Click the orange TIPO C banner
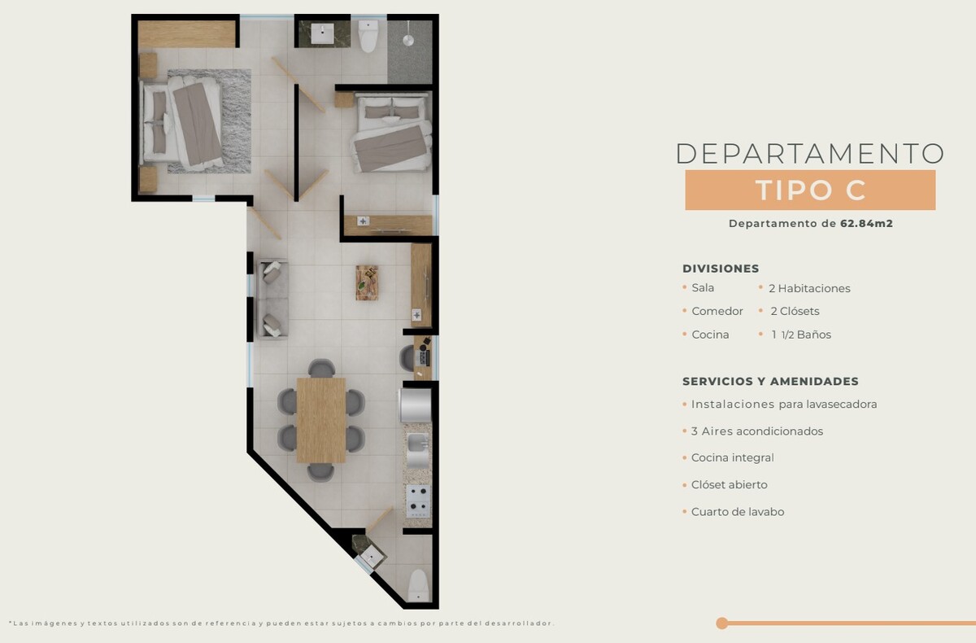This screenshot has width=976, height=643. coord(810,190)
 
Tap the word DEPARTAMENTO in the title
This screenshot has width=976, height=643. coord(810,154)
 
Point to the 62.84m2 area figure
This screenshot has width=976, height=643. coord(866,224)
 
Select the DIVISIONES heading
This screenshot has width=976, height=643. coord(721,269)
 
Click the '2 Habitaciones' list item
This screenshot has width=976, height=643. coord(809,289)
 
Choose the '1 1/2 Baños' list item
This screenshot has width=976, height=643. coord(801,335)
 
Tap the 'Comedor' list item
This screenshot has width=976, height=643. coord(717,311)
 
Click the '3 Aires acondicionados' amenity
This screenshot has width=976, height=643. coord(757,431)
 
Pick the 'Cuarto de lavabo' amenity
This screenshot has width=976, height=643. coord(738,512)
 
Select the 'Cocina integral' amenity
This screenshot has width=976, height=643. coord(733,457)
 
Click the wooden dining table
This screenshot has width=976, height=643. coord(321,420)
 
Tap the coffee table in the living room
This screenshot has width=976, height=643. coord(367,282)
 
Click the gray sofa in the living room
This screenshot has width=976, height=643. coord(272,299)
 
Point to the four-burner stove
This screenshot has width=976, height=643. coord(418,501)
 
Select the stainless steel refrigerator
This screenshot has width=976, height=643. coord(416,405)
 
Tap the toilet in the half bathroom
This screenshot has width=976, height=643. coord(418,585)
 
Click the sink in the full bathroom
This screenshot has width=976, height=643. coord(323,34)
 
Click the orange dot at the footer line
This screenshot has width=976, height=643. coord(721,623)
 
